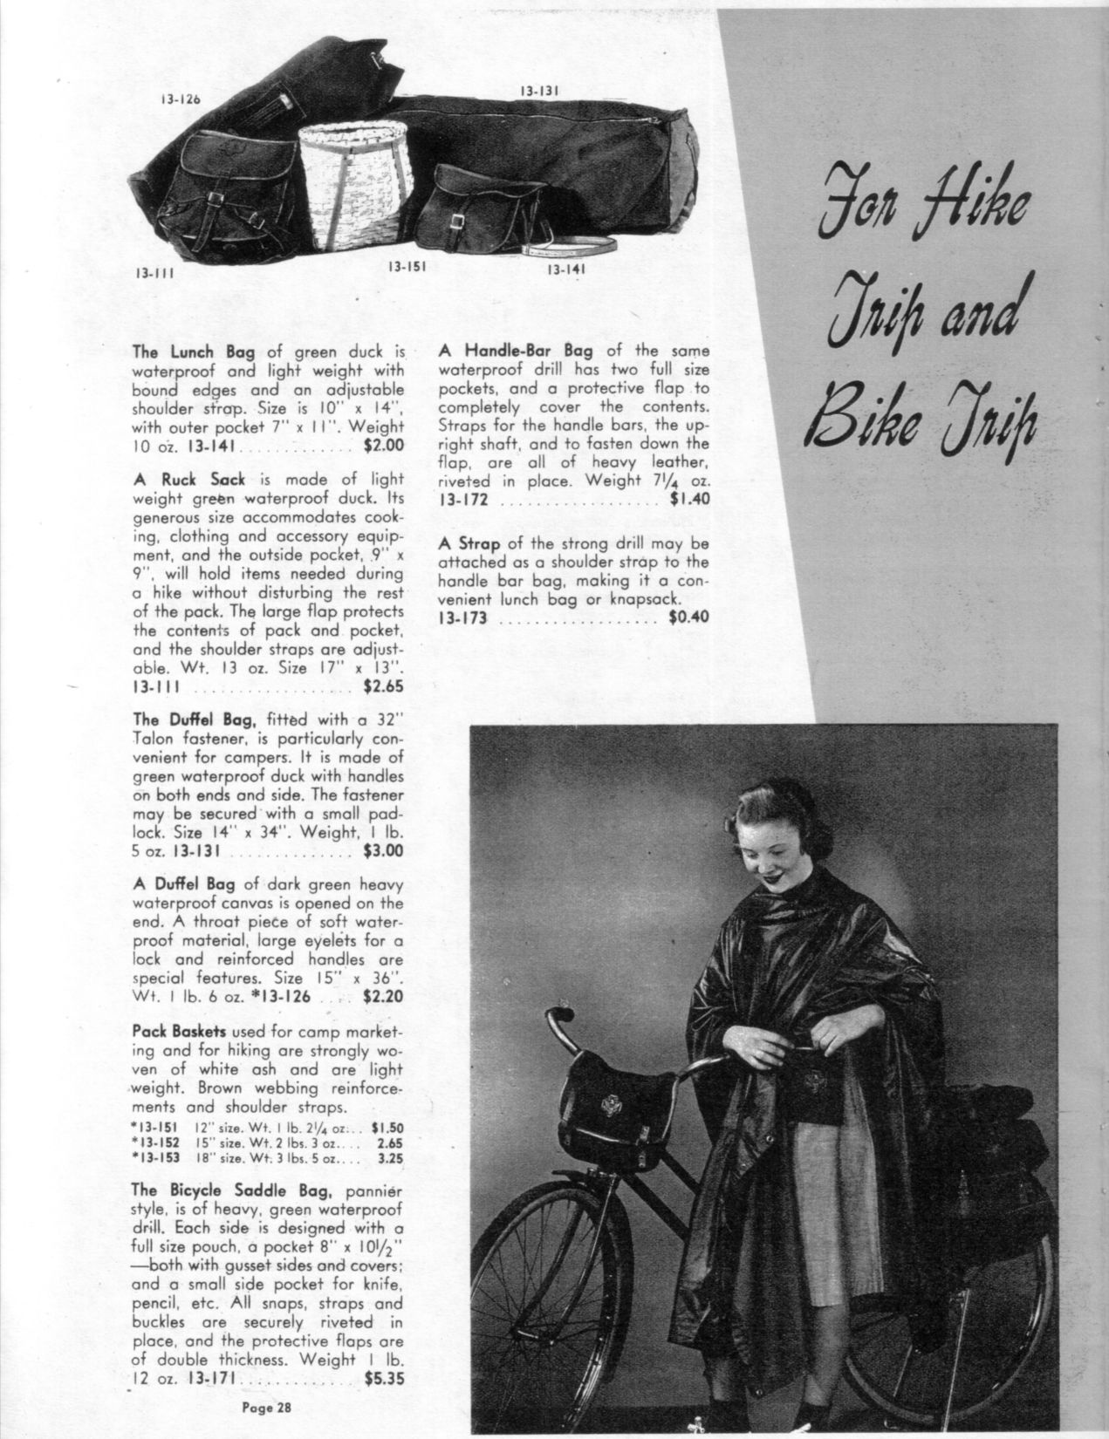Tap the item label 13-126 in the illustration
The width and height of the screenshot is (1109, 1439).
pos(180,99)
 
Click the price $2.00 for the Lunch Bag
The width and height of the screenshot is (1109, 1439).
pos(383,446)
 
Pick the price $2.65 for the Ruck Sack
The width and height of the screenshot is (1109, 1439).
pos(383,686)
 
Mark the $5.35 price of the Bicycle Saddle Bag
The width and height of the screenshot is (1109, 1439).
pos(383,1380)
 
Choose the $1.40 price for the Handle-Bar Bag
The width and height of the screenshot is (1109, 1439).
pos(689,500)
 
